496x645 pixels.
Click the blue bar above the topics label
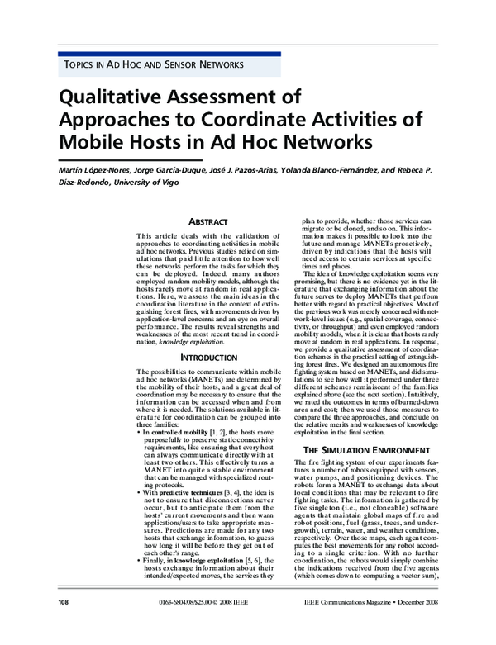pyautogui.click(x=169, y=53)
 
